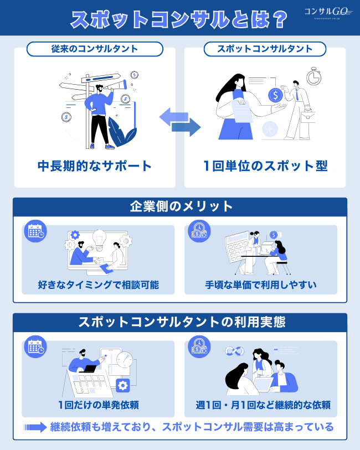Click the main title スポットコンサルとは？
179,19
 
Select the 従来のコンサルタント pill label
95,49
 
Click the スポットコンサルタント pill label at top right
265,49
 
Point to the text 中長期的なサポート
95,165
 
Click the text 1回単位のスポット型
265,165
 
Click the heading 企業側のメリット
180,207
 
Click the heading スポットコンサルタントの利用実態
180,322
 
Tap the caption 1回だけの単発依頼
98,405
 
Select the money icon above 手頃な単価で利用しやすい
199,231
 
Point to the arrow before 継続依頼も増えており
35,427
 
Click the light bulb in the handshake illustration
99,239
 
